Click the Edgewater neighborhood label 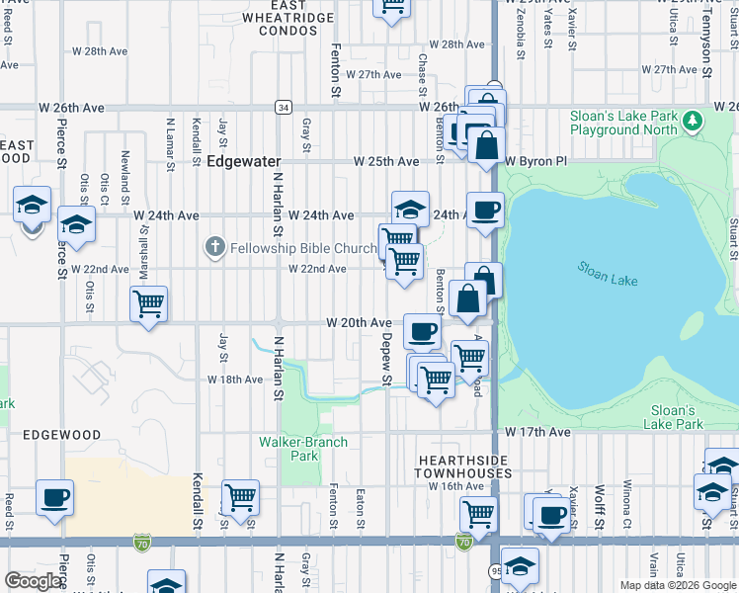(x=244, y=161)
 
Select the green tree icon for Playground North (x=694, y=122)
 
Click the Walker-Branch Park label (x=303, y=449)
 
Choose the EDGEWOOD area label (x=62, y=435)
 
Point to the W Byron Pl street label (x=536, y=161)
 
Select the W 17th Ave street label (x=537, y=433)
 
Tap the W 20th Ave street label (x=360, y=323)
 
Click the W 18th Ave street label (x=235, y=380)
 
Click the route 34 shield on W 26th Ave (x=284, y=107)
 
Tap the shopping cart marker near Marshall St (x=148, y=303)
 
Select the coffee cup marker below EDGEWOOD (x=55, y=496)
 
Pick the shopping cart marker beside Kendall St (x=240, y=496)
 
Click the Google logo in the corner (x=33, y=581)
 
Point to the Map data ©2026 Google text (x=678, y=585)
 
